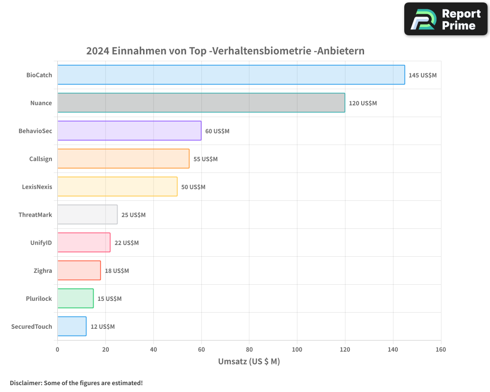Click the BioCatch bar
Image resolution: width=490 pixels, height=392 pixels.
coord(231,75)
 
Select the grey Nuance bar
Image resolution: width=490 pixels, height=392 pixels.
coord(201,103)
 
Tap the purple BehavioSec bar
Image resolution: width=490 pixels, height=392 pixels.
coord(129,131)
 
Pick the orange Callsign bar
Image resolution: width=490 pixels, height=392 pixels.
coord(123,159)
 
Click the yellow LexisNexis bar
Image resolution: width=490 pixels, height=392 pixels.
coord(117,187)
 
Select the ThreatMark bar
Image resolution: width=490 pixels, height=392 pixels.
coord(87,215)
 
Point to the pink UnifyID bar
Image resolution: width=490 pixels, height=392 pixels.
coord(84,243)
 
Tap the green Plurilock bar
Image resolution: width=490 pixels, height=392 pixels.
coord(75,298)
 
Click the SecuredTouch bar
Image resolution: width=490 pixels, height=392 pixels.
coord(72,326)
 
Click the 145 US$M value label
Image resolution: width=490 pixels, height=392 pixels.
coord(422,75)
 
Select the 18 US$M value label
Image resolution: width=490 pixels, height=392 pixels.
coord(117,271)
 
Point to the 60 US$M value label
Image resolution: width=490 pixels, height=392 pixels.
coord(217,131)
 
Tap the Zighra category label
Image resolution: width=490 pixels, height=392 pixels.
coord(43,270)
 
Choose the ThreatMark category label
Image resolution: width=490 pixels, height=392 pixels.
coord(35,215)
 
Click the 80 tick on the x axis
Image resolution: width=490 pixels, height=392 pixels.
coord(249,349)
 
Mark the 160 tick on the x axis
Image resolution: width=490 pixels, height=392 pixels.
coord(441,349)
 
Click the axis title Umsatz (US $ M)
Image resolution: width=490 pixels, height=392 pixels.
coord(249,362)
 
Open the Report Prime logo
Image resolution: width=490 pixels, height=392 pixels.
coord(445,19)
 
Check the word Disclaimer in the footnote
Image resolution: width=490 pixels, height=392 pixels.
coord(25,383)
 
